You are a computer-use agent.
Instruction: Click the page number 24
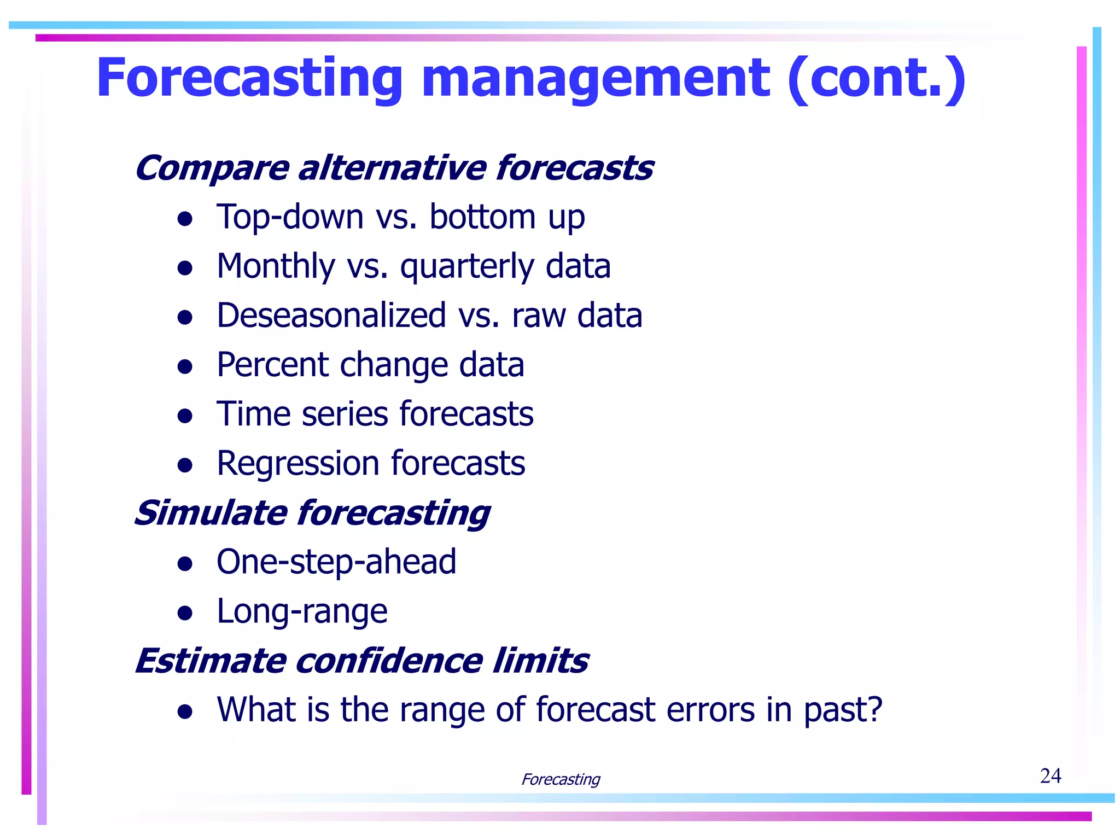tap(1050, 775)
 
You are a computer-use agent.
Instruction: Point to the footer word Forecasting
tap(561, 779)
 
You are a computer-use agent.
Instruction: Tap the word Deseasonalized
tap(331, 316)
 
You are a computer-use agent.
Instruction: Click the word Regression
tap(298, 463)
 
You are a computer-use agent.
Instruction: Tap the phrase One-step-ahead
tap(336, 562)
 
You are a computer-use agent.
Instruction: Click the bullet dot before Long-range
tap(185, 613)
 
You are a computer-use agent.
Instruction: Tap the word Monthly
tap(276, 267)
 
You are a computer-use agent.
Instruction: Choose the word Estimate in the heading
tap(211, 661)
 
